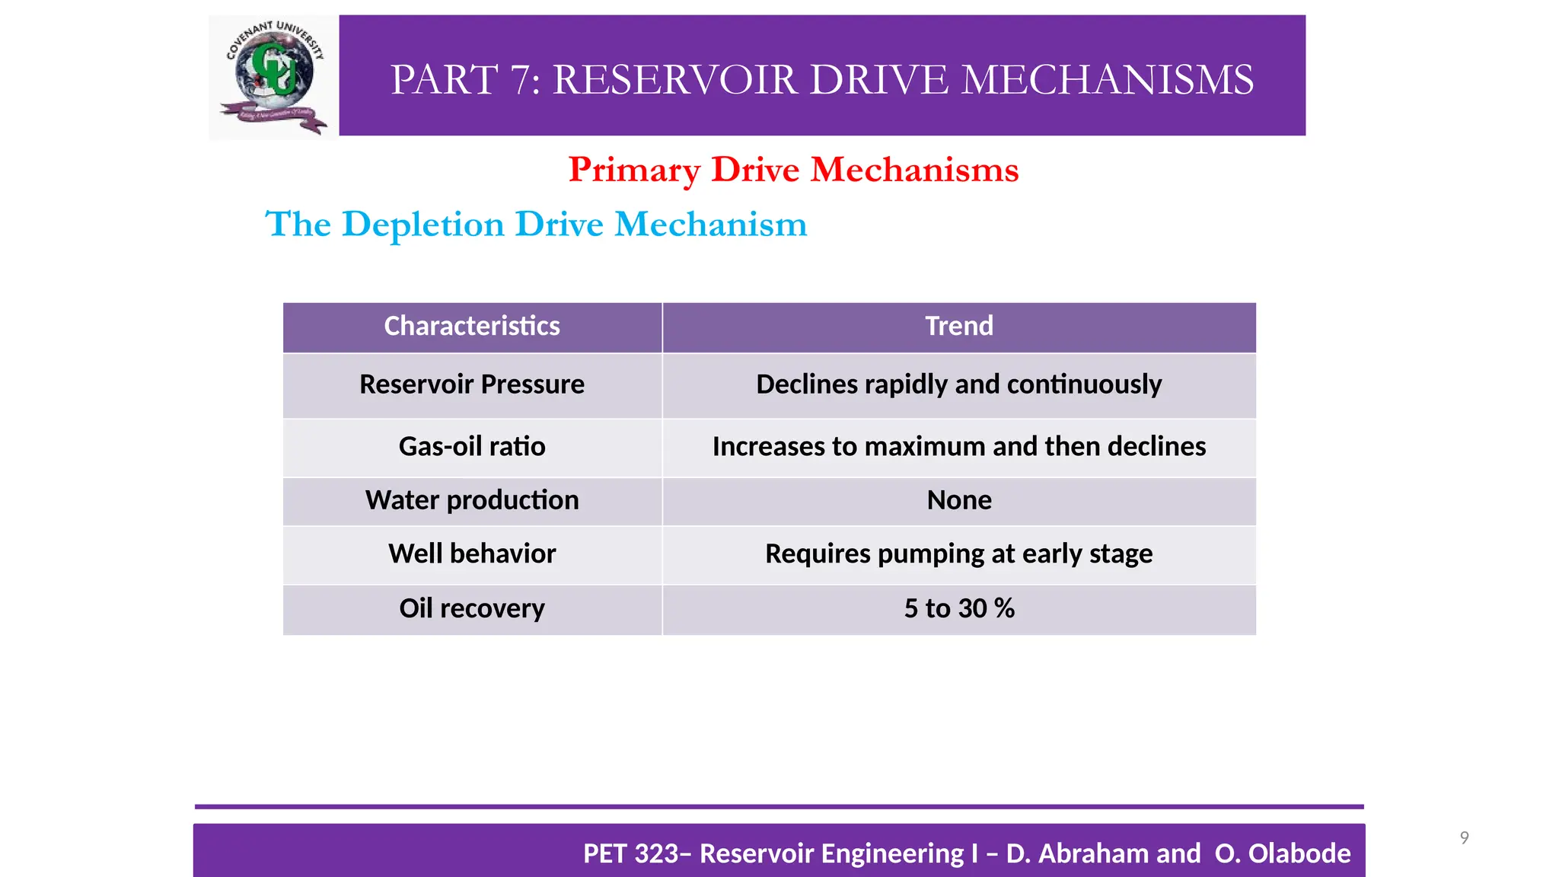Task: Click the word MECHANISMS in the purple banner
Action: click(x=1107, y=80)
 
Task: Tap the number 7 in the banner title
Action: click(x=524, y=80)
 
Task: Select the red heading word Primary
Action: click(x=633, y=171)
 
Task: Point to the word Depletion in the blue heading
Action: click(x=422, y=225)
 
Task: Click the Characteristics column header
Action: click(x=472, y=327)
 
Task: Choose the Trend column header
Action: click(x=959, y=327)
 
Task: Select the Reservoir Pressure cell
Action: click(x=472, y=384)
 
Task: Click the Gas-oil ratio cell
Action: click(x=472, y=447)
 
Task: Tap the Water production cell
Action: click(x=472, y=501)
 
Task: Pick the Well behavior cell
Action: click(x=472, y=554)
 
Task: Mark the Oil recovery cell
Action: click(x=472, y=609)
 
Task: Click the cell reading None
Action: click(x=959, y=501)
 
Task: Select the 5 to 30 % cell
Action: click(x=959, y=609)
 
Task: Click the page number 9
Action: click(x=1464, y=838)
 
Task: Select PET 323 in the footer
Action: click(x=631, y=854)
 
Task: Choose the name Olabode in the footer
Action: click(x=1299, y=854)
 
